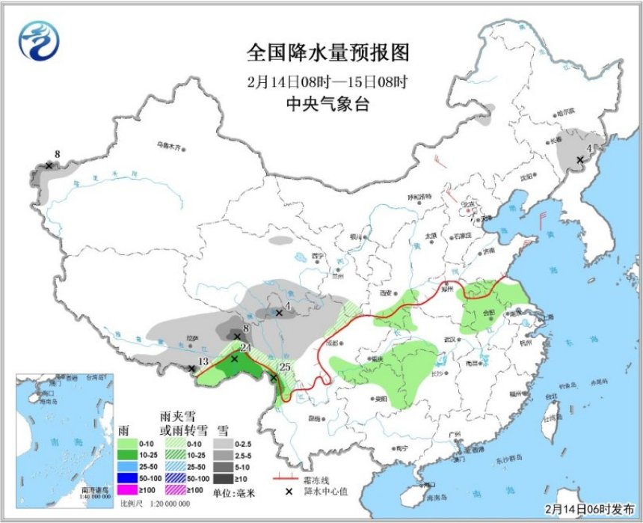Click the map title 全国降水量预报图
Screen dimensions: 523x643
tap(328, 53)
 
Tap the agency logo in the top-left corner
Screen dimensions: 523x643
tap(37, 40)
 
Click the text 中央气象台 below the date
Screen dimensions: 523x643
tap(328, 105)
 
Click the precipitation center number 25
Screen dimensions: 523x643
tap(283, 367)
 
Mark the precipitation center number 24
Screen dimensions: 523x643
tap(245, 348)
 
